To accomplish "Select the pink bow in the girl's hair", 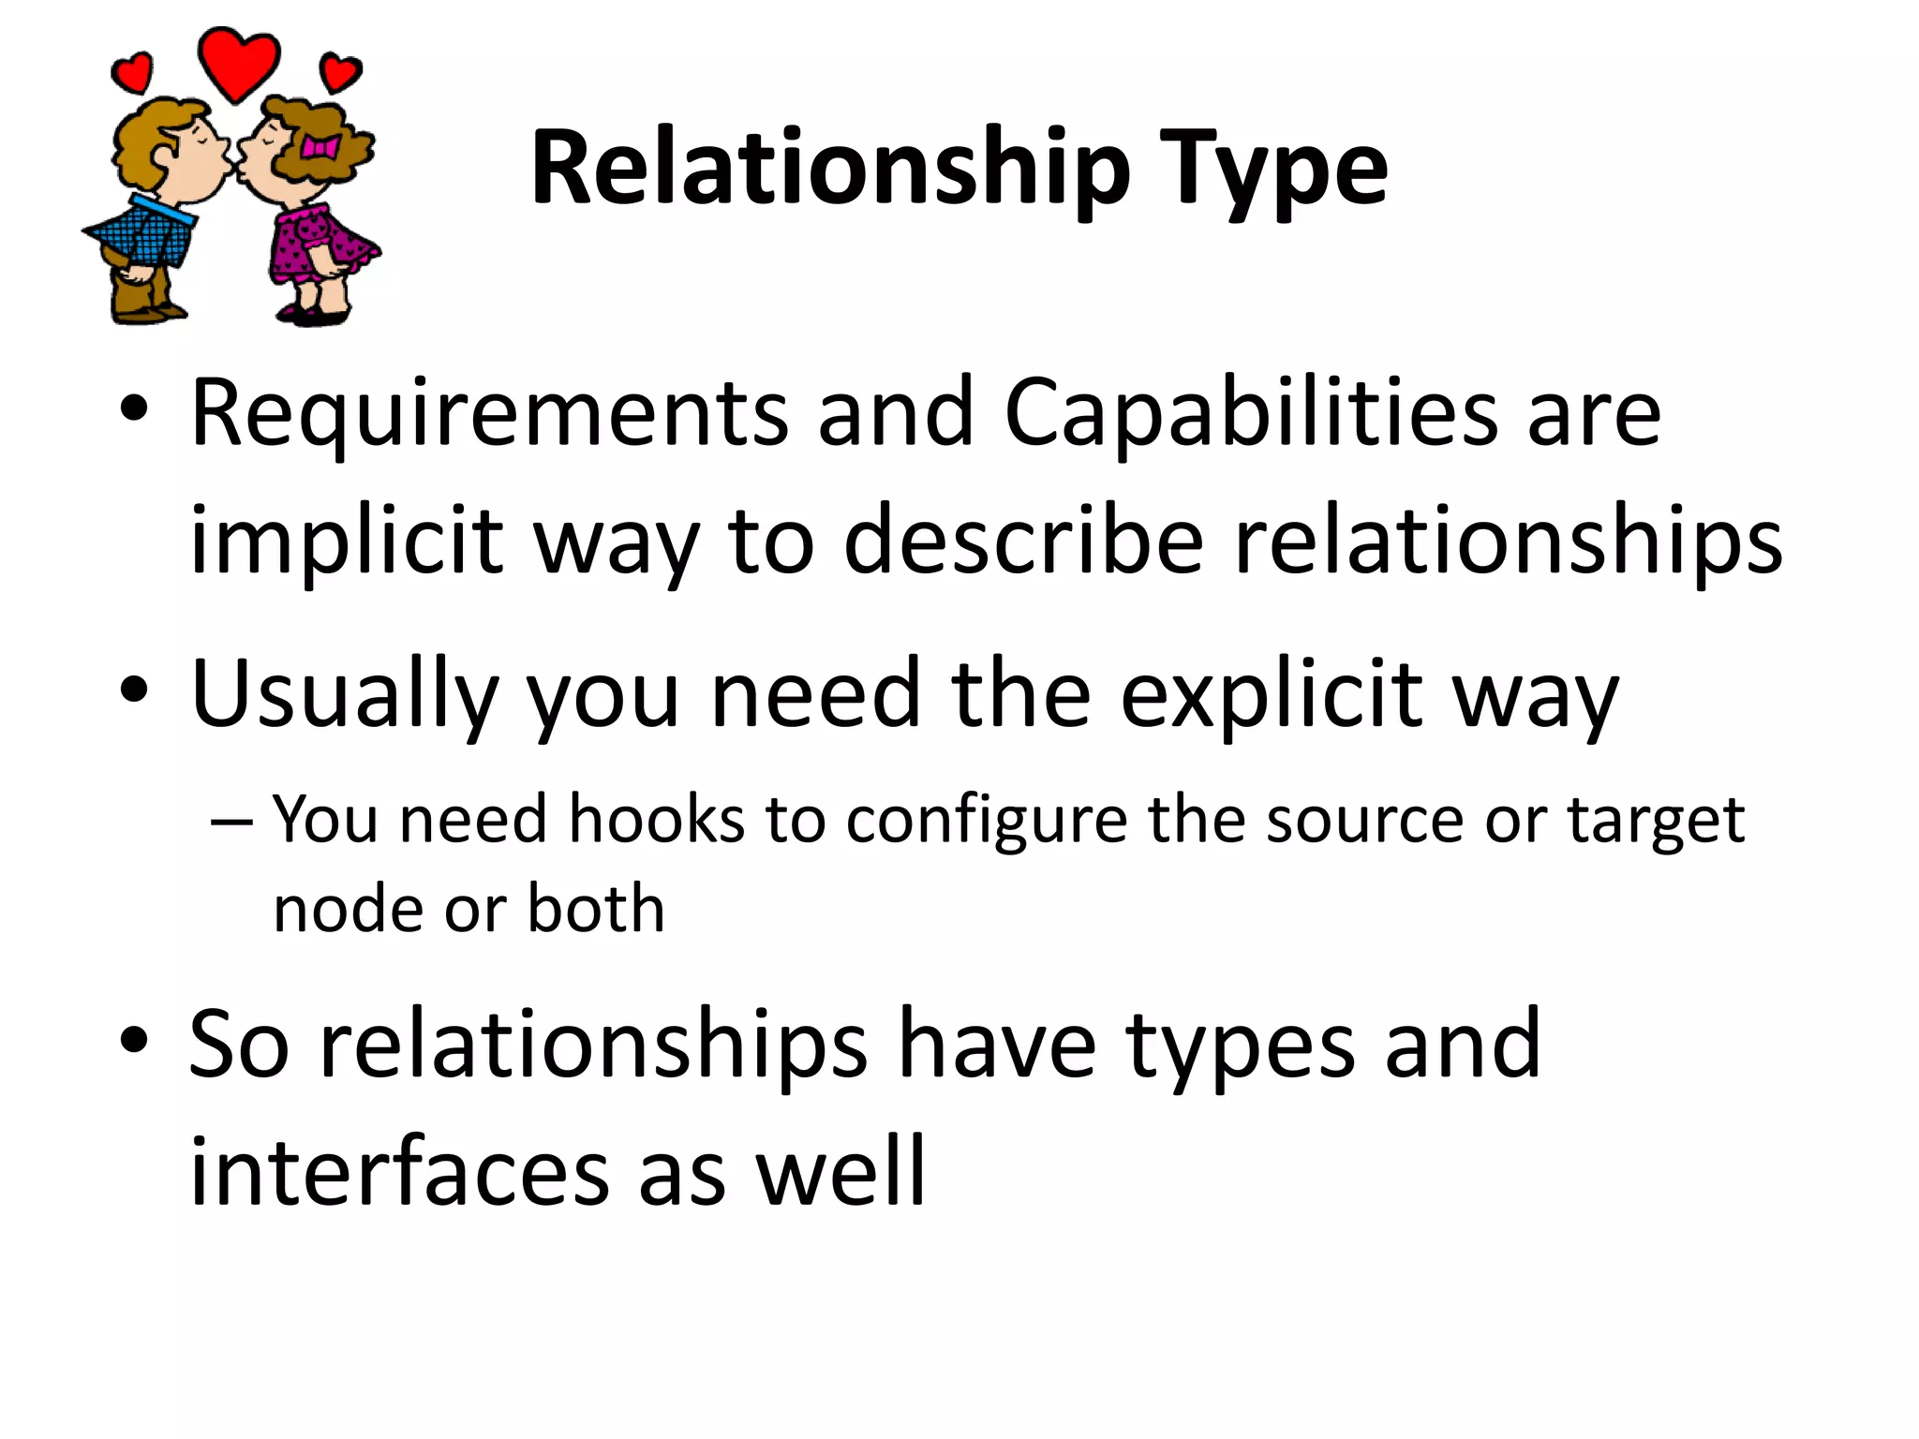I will click(x=319, y=147).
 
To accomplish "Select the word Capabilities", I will click(x=1251, y=414).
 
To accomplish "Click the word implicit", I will click(x=347, y=541).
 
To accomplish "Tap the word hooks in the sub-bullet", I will click(x=656, y=819).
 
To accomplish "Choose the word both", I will click(x=596, y=909).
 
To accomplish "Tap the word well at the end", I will click(x=840, y=1171).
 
